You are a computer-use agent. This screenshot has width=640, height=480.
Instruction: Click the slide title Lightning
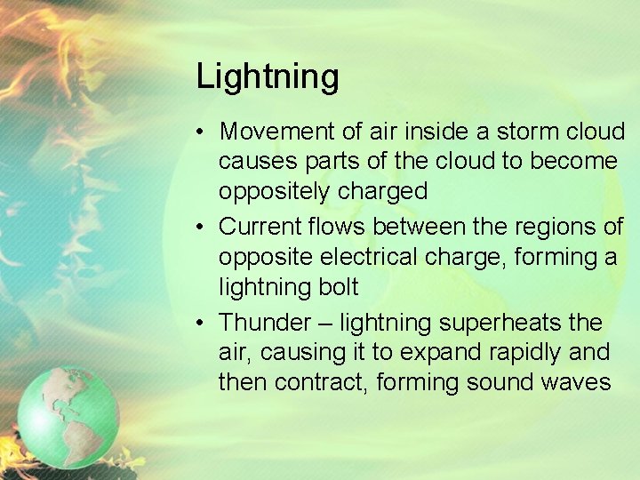(x=268, y=77)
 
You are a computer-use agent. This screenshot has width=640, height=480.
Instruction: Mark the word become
(x=576, y=161)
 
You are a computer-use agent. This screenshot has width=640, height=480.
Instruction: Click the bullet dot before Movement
(x=204, y=132)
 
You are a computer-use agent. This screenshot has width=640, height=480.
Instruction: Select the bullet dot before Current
(x=204, y=228)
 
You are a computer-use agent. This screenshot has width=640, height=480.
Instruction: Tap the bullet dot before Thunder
(x=204, y=323)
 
